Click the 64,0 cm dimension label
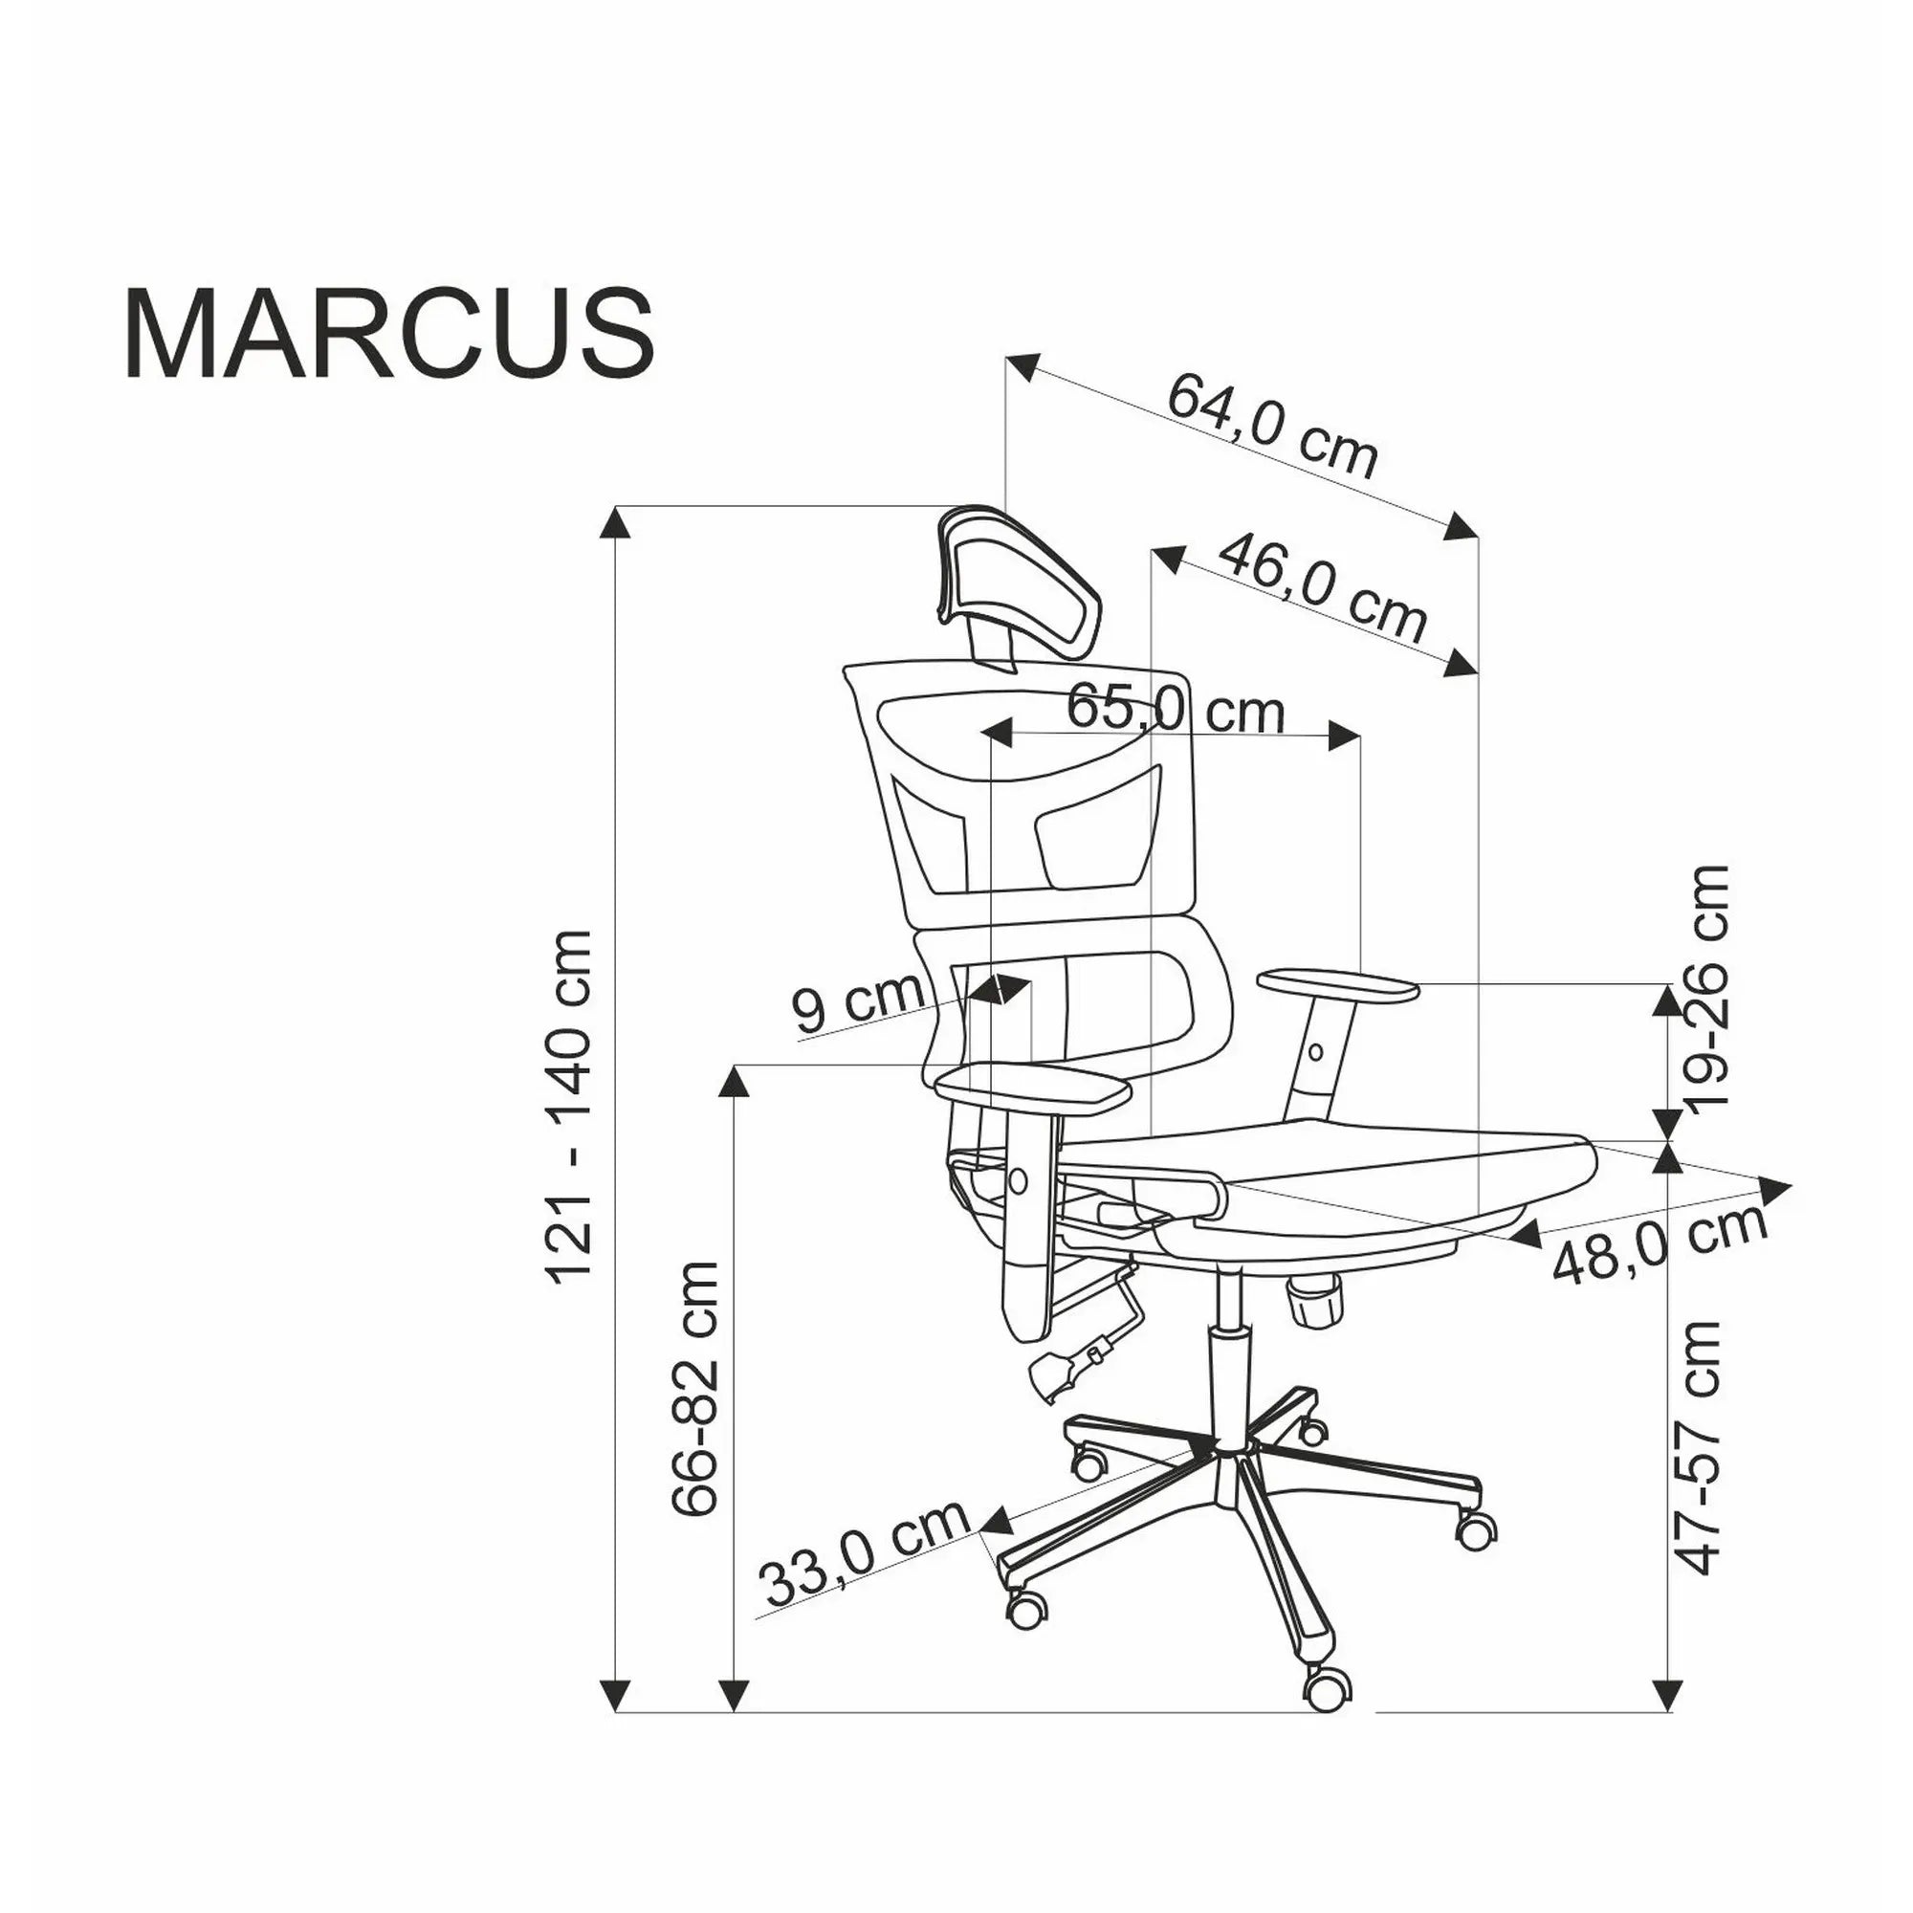(1271, 426)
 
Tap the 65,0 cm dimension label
(1175, 710)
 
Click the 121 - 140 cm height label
(571, 1108)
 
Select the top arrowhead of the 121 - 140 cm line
(617, 523)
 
